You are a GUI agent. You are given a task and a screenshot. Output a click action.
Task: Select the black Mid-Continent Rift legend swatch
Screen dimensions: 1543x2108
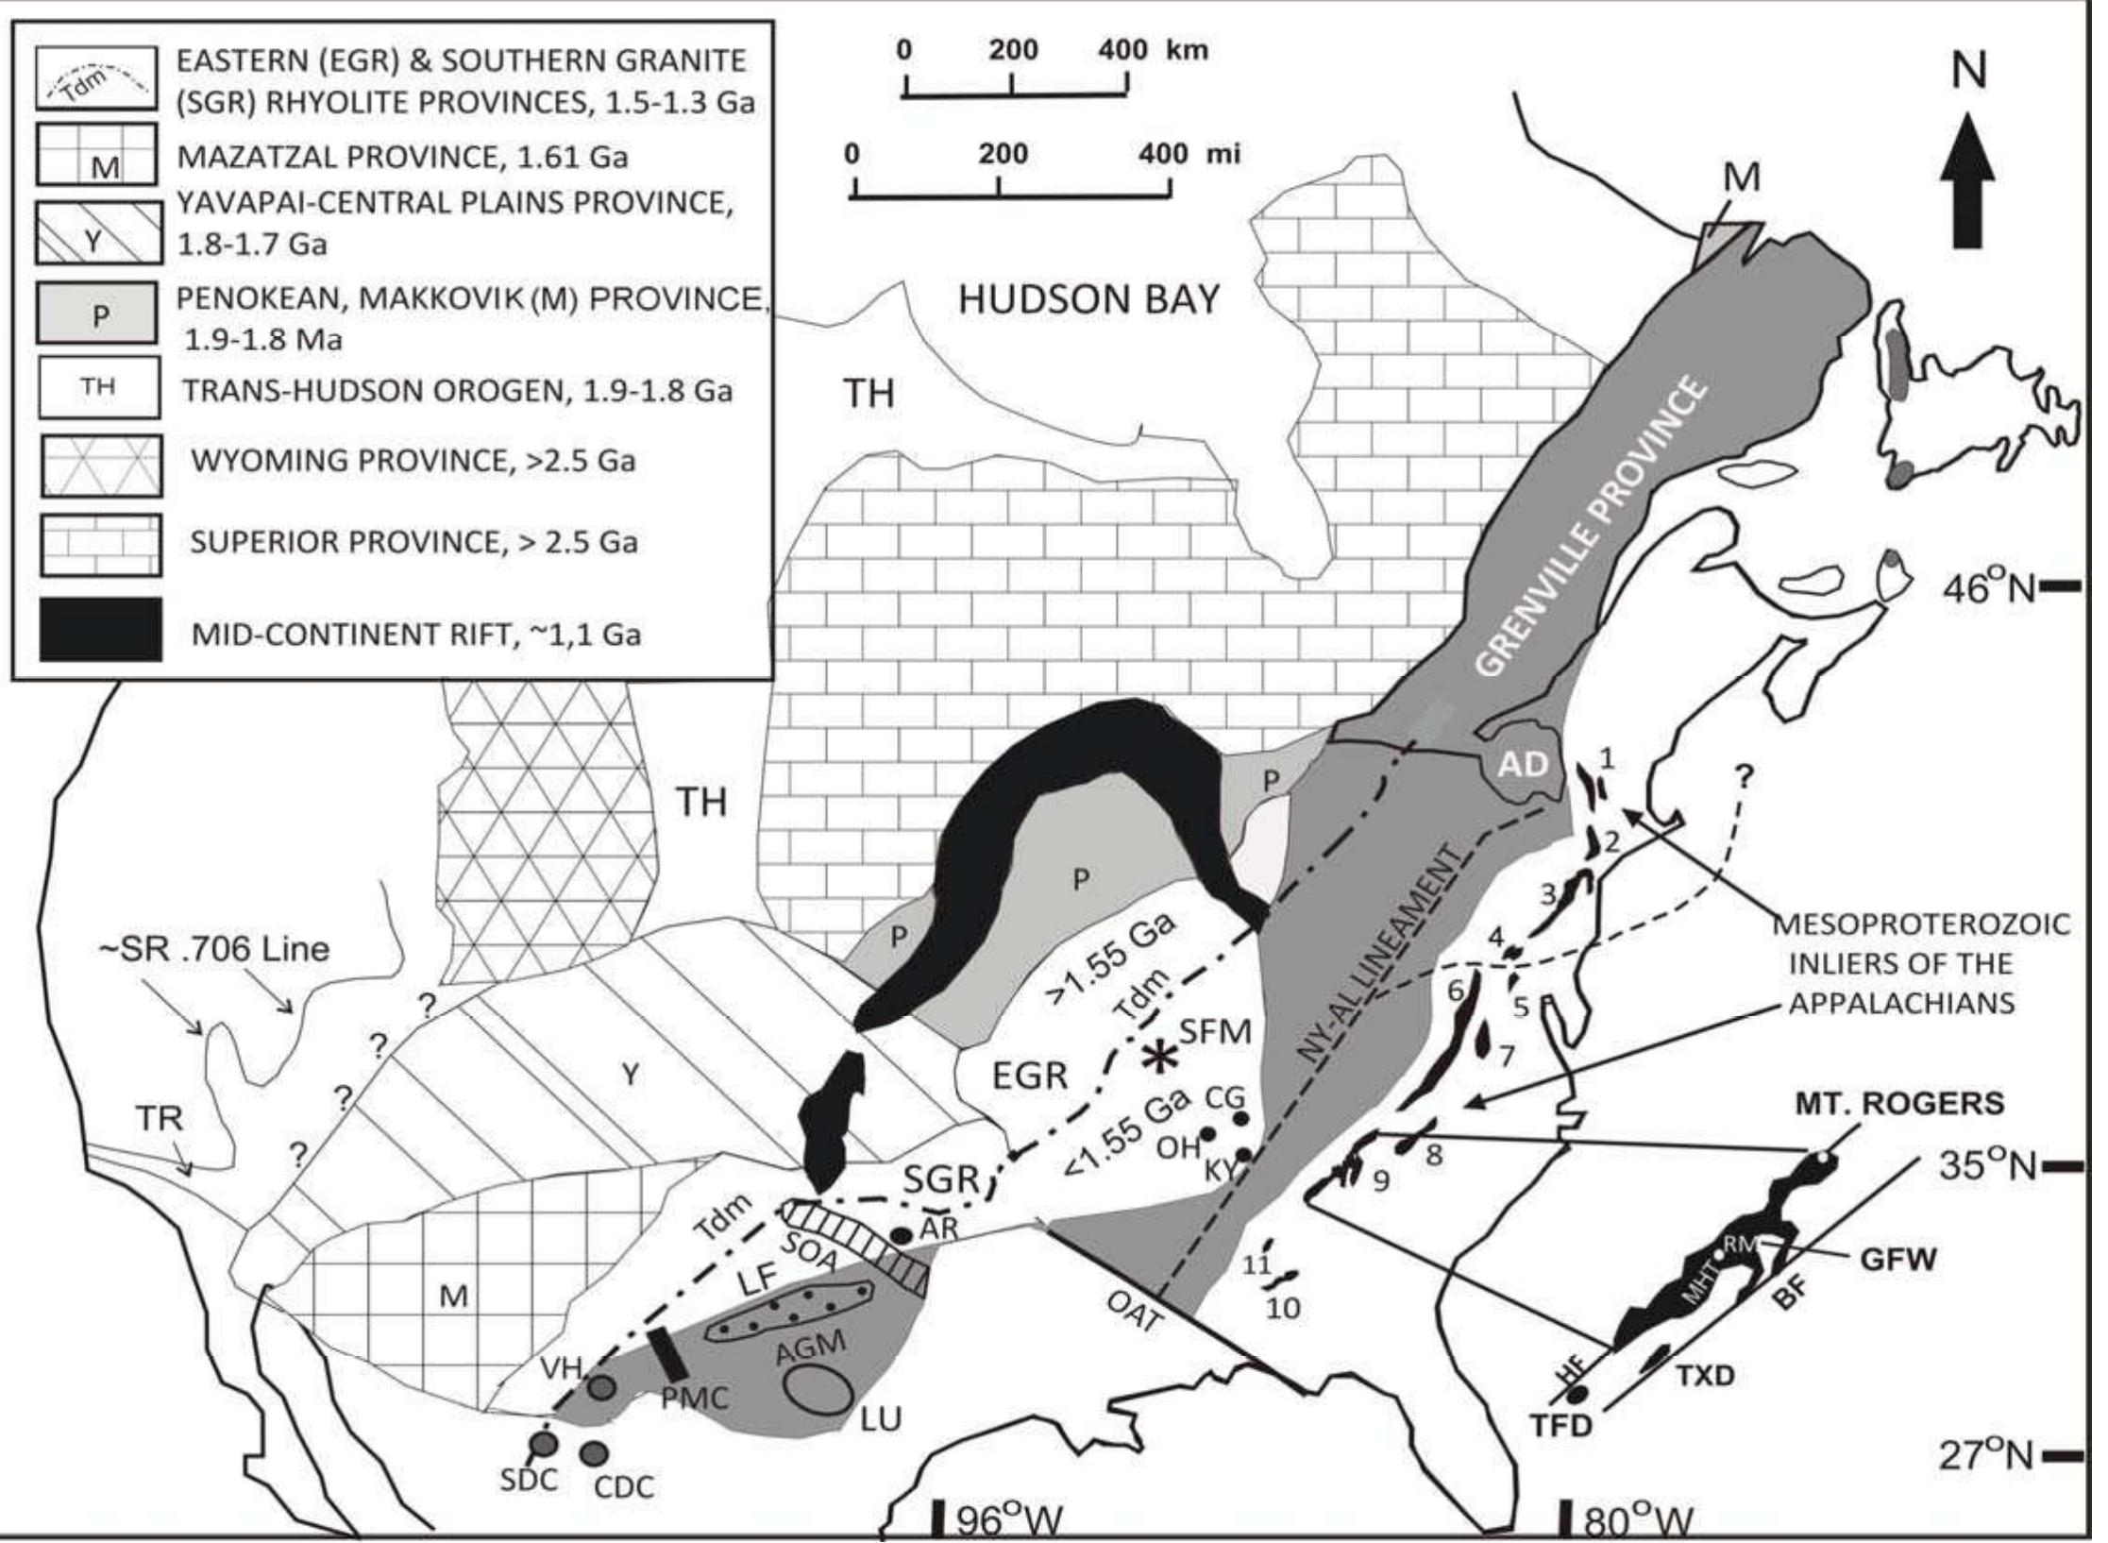pos(100,629)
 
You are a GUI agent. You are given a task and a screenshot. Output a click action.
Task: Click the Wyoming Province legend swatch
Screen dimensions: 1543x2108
pos(100,465)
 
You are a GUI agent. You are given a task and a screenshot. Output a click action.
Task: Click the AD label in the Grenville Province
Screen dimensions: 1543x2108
pos(1524,765)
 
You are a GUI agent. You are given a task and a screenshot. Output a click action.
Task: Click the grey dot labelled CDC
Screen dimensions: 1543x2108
pos(595,1451)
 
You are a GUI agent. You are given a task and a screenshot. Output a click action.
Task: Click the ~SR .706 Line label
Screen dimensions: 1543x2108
pos(214,947)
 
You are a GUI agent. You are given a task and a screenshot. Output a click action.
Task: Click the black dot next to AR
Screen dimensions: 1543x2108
pos(900,1234)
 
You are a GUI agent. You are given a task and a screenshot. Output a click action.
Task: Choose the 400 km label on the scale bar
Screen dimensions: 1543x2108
pos(1153,49)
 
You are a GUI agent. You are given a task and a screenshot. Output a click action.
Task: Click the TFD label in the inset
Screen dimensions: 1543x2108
pos(1560,1425)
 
